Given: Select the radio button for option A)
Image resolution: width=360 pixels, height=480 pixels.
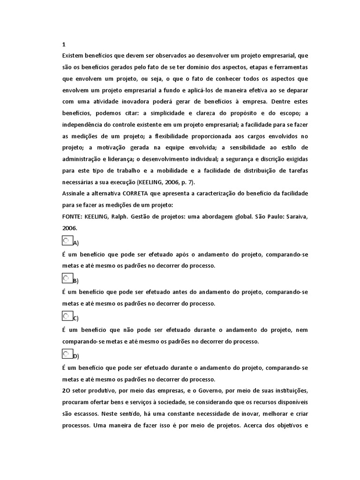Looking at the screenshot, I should pyautogui.click(x=67, y=240).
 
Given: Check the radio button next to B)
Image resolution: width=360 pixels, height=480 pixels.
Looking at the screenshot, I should pyautogui.click(x=67, y=278).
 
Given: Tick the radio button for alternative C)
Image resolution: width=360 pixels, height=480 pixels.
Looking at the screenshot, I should pyautogui.click(x=67, y=316).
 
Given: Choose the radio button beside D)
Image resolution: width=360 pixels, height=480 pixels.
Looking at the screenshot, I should pyautogui.click(x=67, y=354).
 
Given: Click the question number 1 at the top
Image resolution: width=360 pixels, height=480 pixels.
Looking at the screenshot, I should pyautogui.click(x=64, y=45).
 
